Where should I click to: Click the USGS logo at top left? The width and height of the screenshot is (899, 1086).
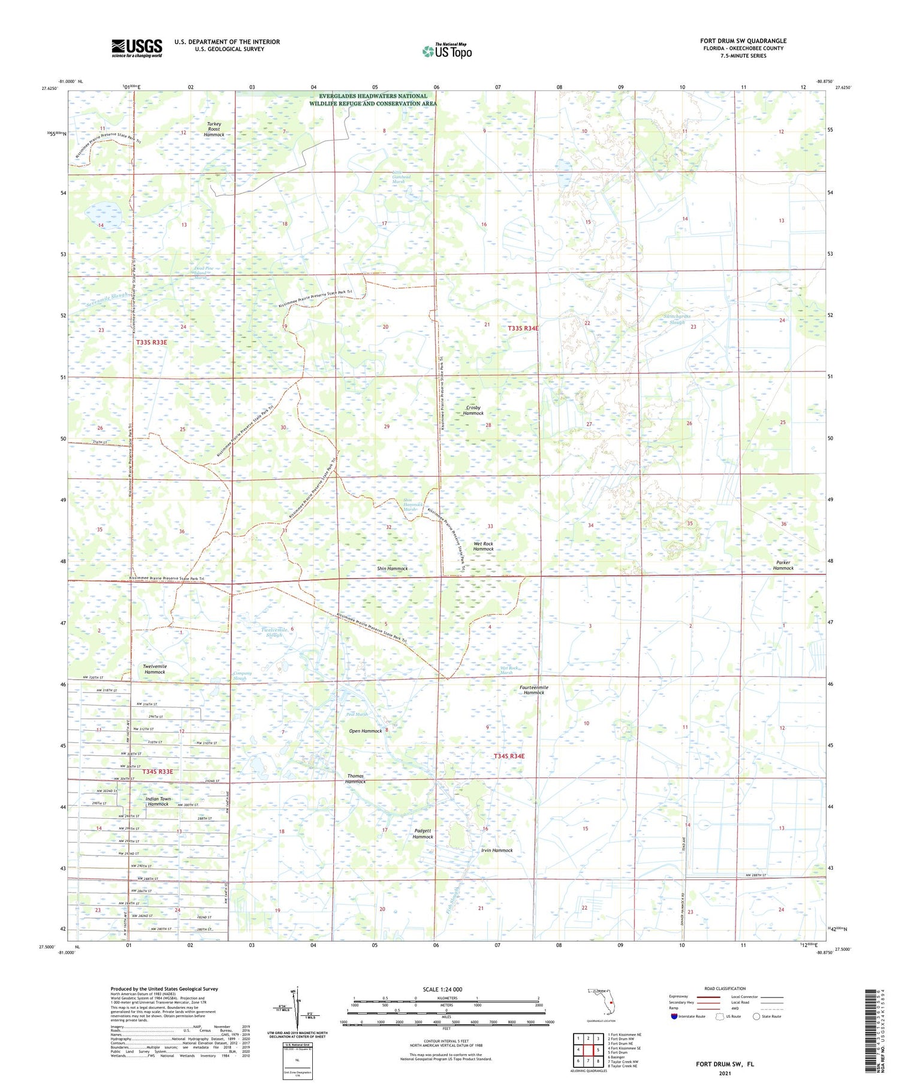pos(137,48)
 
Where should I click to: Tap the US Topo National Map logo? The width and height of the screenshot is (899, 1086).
pos(447,51)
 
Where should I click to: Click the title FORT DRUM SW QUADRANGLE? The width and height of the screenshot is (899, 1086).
pos(743,41)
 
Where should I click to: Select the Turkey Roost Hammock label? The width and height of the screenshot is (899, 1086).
pos(213,129)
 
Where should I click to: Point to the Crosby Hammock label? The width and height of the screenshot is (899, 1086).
pos(473,410)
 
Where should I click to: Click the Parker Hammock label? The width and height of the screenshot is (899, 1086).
pos(783,565)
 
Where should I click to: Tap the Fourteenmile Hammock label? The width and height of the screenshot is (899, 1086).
pos(533,689)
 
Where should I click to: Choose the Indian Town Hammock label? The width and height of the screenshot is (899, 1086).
pos(158,801)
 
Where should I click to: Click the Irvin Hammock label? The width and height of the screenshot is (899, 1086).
pos(497,850)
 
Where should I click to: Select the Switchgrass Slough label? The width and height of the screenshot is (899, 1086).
pos(677,319)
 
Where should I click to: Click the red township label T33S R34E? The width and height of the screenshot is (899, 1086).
pos(523,328)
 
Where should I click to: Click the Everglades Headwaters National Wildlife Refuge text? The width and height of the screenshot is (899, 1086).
pos(373,99)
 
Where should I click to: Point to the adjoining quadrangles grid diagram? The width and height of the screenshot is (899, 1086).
pos(588,1049)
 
